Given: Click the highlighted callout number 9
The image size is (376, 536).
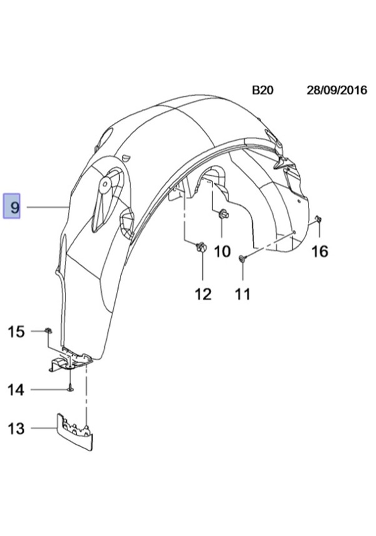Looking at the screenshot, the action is pyautogui.click(x=12, y=206).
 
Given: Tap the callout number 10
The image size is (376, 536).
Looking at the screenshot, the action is pyautogui.click(x=222, y=251).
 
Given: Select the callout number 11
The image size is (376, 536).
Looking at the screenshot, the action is pyautogui.click(x=242, y=294).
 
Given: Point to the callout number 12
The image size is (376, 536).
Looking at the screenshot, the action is pyautogui.click(x=203, y=294).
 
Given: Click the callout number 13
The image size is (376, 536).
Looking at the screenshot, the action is pyautogui.click(x=16, y=428).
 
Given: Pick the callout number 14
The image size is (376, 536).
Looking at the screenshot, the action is pyautogui.click(x=16, y=390).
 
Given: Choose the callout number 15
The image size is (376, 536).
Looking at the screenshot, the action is pyautogui.click(x=16, y=331).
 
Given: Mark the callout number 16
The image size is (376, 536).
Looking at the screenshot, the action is pyautogui.click(x=320, y=251).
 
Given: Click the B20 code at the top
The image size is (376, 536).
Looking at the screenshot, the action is pyautogui.click(x=262, y=90).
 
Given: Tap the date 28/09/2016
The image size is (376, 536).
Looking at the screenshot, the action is pyautogui.click(x=337, y=90).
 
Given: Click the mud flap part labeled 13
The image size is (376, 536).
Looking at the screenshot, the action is pyautogui.click(x=75, y=432).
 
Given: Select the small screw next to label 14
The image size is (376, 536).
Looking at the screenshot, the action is pyautogui.click(x=70, y=388).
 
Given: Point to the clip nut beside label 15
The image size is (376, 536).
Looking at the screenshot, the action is pyautogui.click(x=48, y=330).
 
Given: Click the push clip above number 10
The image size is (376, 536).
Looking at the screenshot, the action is pyautogui.click(x=224, y=215).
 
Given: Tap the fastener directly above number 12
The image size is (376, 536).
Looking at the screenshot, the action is pyautogui.click(x=202, y=246).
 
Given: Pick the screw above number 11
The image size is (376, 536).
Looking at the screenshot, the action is pyautogui.click(x=242, y=258).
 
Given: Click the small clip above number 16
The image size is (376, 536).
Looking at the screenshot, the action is pyautogui.click(x=318, y=219).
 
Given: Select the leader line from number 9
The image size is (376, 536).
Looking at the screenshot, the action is pyautogui.click(x=47, y=207).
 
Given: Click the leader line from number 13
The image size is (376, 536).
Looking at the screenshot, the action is pyautogui.click(x=44, y=428).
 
